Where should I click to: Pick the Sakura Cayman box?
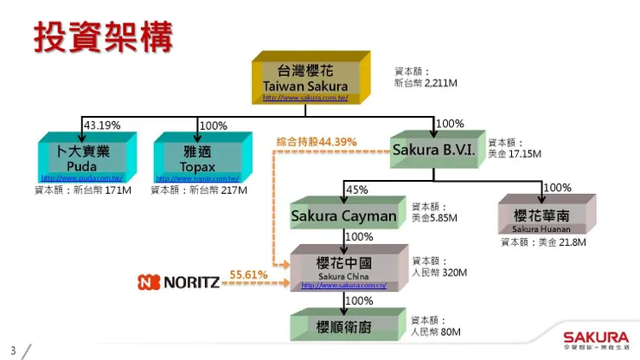tap(343, 215)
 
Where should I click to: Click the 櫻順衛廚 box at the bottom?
tap(343, 325)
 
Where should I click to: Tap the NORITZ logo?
tap(179, 281)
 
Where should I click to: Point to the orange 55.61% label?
tap(248, 274)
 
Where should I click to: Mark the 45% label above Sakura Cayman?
tap(356, 190)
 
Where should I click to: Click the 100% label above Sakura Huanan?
tap(557, 188)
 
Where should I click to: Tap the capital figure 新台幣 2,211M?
tap(425, 84)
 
